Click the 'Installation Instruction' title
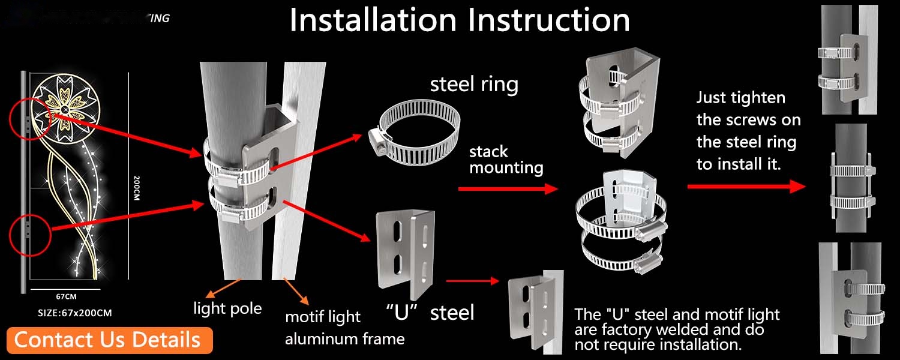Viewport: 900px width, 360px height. point(460,20)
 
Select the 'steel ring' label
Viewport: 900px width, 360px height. point(474,84)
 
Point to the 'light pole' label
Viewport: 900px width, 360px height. point(227,308)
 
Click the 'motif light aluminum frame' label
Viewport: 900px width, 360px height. point(344,328)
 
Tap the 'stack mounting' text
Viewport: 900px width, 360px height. point(506,159)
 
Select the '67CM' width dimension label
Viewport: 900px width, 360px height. point(67,296)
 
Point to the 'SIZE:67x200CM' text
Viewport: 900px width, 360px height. point(74,313)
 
